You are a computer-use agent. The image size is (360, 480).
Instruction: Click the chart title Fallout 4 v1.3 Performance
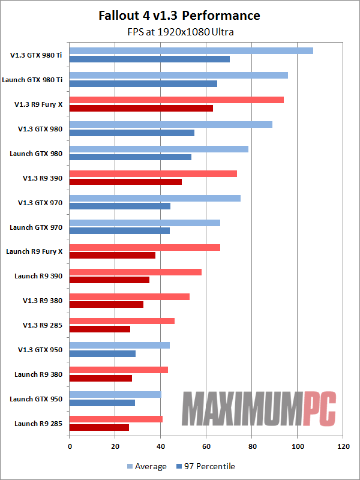coord(180,16)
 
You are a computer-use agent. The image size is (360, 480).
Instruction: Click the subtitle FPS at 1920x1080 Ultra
coord(180,32)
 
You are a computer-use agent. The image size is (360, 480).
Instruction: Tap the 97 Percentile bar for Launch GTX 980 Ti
coord(143,83)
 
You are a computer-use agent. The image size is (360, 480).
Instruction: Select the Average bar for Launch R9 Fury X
coord(145,247)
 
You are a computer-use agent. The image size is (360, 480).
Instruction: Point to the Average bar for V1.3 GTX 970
coord(155,198)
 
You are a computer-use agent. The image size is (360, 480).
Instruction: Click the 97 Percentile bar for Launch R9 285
coord(99,427)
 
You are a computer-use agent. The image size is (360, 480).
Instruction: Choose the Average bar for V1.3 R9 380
coord(130,296)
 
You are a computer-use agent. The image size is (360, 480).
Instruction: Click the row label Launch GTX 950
coord(37,399)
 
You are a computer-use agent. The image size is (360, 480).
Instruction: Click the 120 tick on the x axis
coord(343,447)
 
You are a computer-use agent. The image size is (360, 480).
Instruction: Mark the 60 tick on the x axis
coord(206,447)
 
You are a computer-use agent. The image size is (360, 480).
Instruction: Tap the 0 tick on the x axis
coord(70,447)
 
